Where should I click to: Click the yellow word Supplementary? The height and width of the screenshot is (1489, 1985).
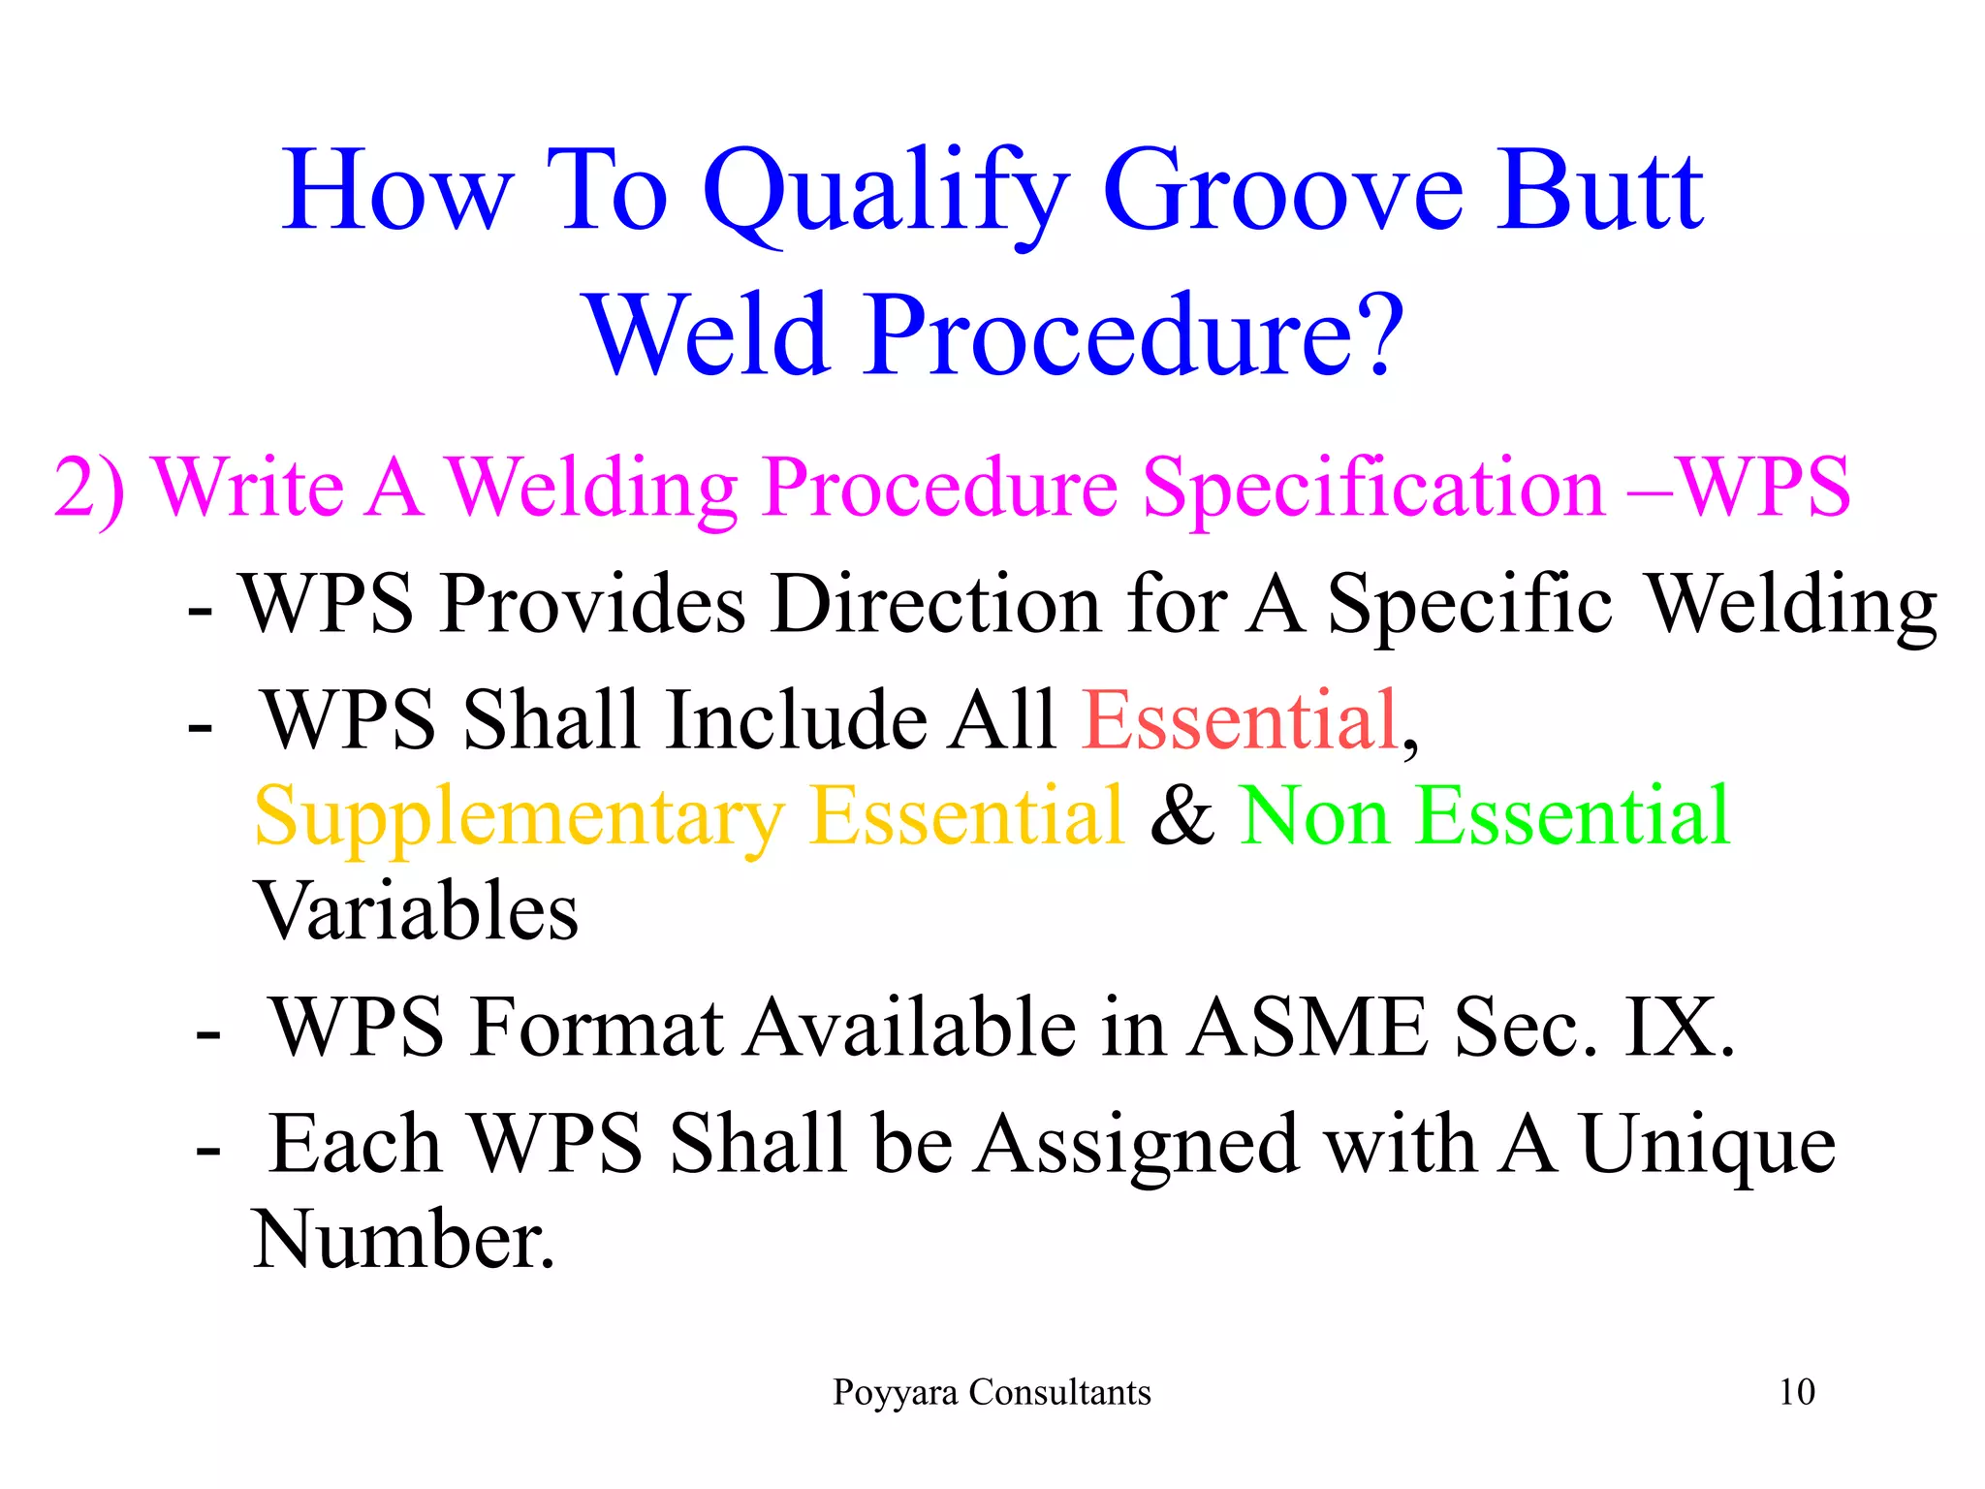click(518, 817)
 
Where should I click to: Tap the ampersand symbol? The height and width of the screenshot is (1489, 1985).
click(1182, 817)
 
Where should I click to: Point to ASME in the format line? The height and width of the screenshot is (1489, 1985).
click(1308, 1028)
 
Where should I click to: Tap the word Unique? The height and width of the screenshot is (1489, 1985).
click(1707, 1145)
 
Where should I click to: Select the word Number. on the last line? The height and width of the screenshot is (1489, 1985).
click(403, 1240)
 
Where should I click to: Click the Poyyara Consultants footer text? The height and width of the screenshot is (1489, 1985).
click(992, 1392)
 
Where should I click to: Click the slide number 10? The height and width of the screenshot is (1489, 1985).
click(1796, 1392)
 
